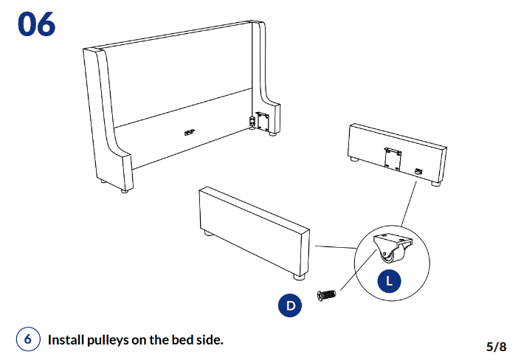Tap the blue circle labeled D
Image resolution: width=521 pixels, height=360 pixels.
pos(290,305)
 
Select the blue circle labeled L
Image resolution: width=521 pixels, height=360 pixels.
pos(389,280)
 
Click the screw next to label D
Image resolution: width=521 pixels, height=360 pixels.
pos(326,296)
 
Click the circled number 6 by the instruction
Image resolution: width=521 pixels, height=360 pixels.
pos(27,339)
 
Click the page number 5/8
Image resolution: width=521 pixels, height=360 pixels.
pos(496,346)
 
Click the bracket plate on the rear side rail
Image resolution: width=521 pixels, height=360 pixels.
pos(393,157)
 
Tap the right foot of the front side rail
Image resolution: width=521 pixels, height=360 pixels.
pos(298,278)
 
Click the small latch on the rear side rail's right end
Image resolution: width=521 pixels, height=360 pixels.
pos(420,171)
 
